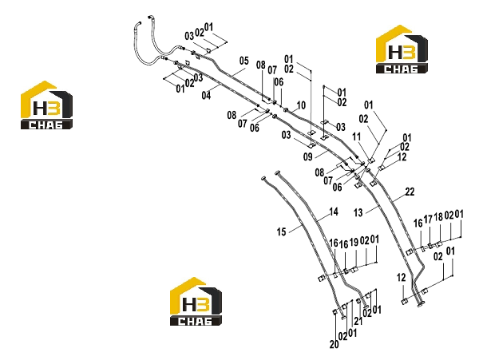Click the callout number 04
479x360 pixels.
206,95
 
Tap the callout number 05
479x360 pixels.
244,61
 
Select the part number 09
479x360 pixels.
308,157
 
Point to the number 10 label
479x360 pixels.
301,105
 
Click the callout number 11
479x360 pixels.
357,137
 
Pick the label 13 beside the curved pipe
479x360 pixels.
358,212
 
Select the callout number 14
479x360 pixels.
334,212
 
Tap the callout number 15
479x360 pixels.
281,232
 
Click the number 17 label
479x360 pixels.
428,220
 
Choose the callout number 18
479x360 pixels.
438,217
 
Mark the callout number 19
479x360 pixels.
354,243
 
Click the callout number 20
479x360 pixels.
335,344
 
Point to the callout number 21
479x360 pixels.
358,321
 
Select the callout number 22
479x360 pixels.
410,192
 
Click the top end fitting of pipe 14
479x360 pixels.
277,173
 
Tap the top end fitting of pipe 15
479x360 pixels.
264,178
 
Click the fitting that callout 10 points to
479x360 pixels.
287,109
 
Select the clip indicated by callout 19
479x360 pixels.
354,270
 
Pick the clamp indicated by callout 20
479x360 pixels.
335,311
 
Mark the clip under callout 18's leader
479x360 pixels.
439,244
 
